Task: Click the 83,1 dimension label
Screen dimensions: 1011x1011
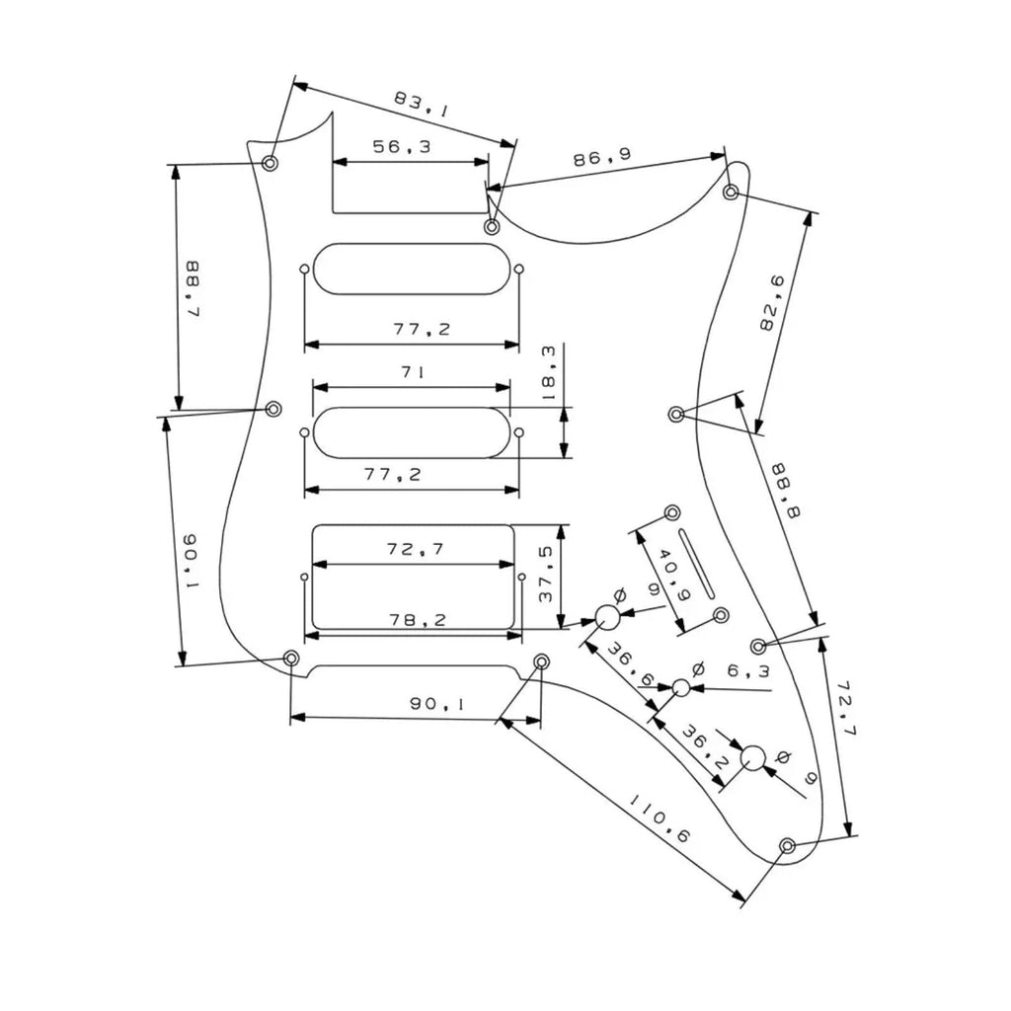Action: tap(421, 104)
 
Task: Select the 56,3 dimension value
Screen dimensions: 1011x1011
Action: tap(402, 147)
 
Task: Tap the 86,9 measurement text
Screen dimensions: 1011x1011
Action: tap(602, 157)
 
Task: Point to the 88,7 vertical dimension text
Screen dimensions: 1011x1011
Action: tap(192, 288)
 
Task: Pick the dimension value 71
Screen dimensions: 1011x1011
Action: tap(413, 372)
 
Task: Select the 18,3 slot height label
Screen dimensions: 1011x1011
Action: tap(548, 373)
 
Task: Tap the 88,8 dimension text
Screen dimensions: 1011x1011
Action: tap(787, 491)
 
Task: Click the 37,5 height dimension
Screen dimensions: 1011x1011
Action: tap(545, 574)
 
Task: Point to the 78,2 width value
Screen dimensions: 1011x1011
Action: tap(418, 620)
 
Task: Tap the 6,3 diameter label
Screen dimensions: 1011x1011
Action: tap(748, 671)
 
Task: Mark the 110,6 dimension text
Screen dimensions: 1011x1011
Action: tap(661, 819)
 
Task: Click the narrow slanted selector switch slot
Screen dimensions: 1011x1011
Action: tap(696, 563)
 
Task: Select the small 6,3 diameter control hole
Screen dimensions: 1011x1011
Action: tap(681, 688)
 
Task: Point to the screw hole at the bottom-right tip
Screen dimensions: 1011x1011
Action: tap(787, 845)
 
